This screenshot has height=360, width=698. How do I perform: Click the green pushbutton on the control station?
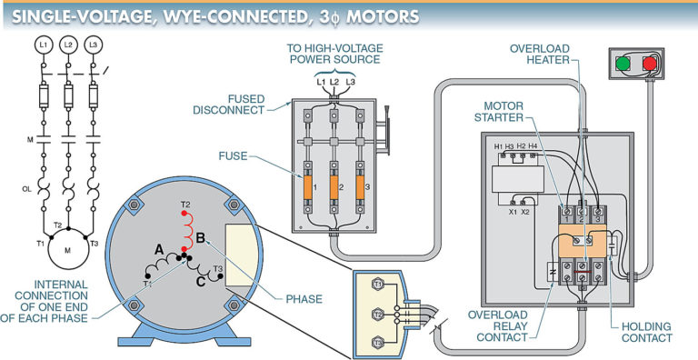622,65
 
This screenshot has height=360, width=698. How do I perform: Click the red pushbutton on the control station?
649,65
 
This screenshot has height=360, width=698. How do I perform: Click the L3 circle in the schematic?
92,44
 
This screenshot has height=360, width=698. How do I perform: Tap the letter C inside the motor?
199,281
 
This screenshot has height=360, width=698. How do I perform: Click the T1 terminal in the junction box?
379,285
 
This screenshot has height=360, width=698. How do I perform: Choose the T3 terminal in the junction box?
379,342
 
